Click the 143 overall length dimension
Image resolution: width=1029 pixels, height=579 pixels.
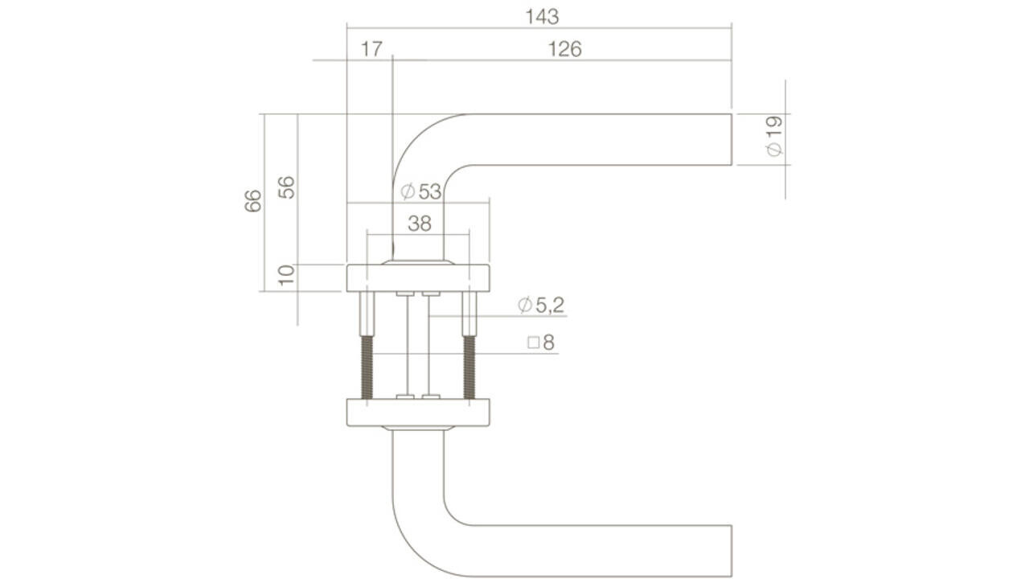[x=541, y=16]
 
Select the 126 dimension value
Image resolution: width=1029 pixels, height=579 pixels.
[x=564, y=49]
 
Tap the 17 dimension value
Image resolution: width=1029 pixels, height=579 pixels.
[x=371, y=49]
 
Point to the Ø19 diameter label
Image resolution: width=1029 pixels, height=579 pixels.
[x=773, y=137]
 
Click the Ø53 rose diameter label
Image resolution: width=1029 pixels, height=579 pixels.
[x=420, y=191]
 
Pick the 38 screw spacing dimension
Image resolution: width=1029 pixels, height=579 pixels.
[x=419, y=224]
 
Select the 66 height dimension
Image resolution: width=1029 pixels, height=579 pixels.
[x=253, y=200]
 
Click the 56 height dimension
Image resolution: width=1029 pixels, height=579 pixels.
[x=287, y=187]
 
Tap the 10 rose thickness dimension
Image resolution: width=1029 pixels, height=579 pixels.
[x=287, y=277]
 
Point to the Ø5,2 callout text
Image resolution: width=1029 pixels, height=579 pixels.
[x=542, y=305]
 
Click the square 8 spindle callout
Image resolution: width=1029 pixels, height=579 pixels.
[x=541, y=343]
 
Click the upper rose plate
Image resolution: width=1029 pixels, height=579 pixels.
[x=418, y=277]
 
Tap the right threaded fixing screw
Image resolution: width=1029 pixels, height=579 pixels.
[x=469, y=366]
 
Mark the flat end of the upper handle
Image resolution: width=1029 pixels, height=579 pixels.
[x=730, y=140]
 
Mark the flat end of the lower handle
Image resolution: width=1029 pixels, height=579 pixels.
[x=730, y=551]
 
